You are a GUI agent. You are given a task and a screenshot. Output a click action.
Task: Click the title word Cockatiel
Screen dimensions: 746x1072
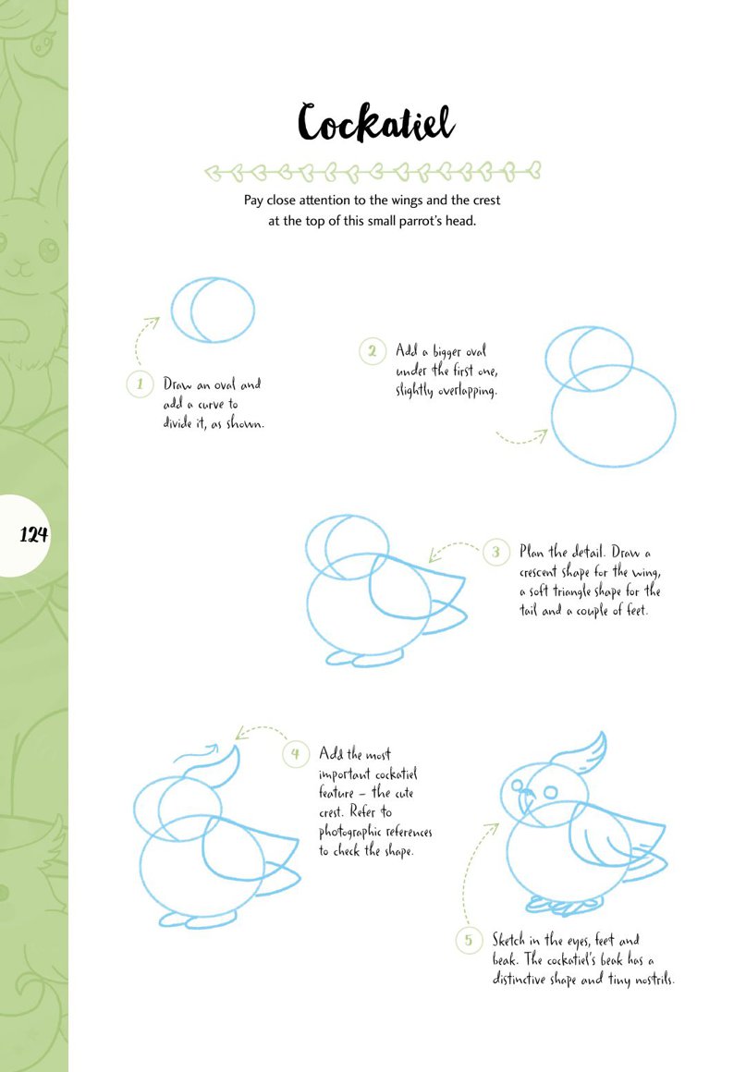(x=375, y=123)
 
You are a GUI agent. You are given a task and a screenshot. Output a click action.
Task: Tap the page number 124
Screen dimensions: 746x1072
(x=33, y=534)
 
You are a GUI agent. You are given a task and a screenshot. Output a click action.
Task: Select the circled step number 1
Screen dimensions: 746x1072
(x=141, y=384)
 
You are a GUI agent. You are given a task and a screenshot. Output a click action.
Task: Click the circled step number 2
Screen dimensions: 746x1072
(x=372, y=351)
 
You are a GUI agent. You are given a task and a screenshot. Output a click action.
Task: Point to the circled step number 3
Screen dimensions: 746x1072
(x=495, y=552)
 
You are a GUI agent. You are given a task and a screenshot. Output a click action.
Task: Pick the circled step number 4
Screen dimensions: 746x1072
(x=296, y=754)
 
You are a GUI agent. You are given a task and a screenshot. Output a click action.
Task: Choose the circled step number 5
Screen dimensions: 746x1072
(x=469, y=940)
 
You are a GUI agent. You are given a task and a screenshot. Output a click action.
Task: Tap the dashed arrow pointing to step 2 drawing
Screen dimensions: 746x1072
(x=521, y=437)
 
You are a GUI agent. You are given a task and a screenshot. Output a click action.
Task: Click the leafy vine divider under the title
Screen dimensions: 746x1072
(x=373, y=172)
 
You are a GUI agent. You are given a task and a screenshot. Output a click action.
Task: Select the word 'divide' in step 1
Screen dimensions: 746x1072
(x=180, y=423)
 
